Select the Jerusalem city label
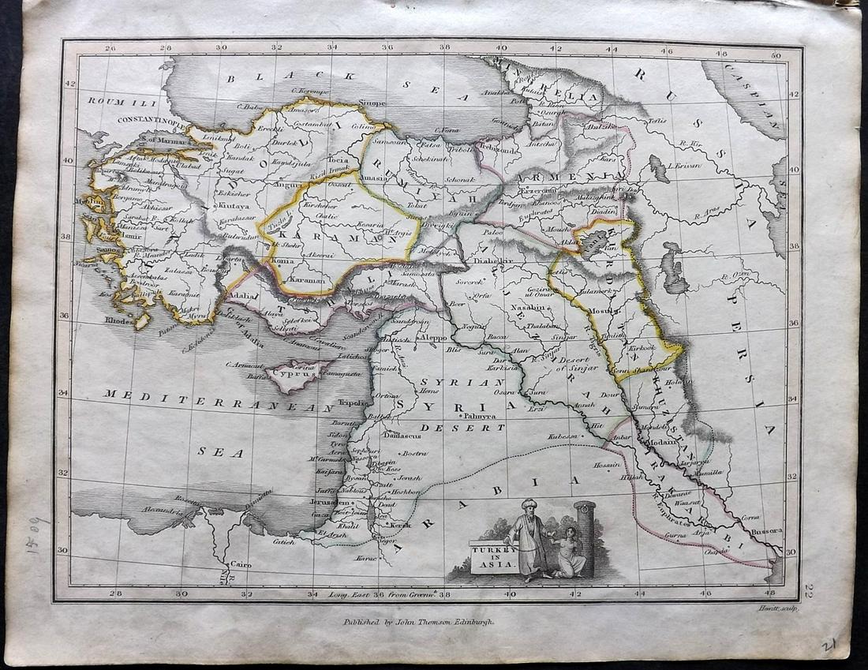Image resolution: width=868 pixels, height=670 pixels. tap(330, 502)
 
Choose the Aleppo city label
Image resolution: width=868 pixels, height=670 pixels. tap(436, 336)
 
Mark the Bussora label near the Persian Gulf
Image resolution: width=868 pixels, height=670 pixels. tap(765, 531)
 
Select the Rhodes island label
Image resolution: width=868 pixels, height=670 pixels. tap(122, 320)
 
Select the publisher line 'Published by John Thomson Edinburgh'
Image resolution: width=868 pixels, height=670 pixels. tap(417, 621)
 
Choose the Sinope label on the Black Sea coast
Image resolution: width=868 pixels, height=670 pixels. tap(372, 103)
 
